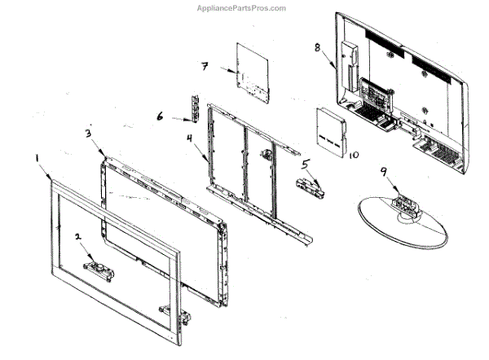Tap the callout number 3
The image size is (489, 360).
[x=88, y=132]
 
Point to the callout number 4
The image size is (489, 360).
[x=190, y=138]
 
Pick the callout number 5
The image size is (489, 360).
[x=305, y=163]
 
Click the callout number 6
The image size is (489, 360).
[x=161, y=116]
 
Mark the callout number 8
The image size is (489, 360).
[x=317, y=47]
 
